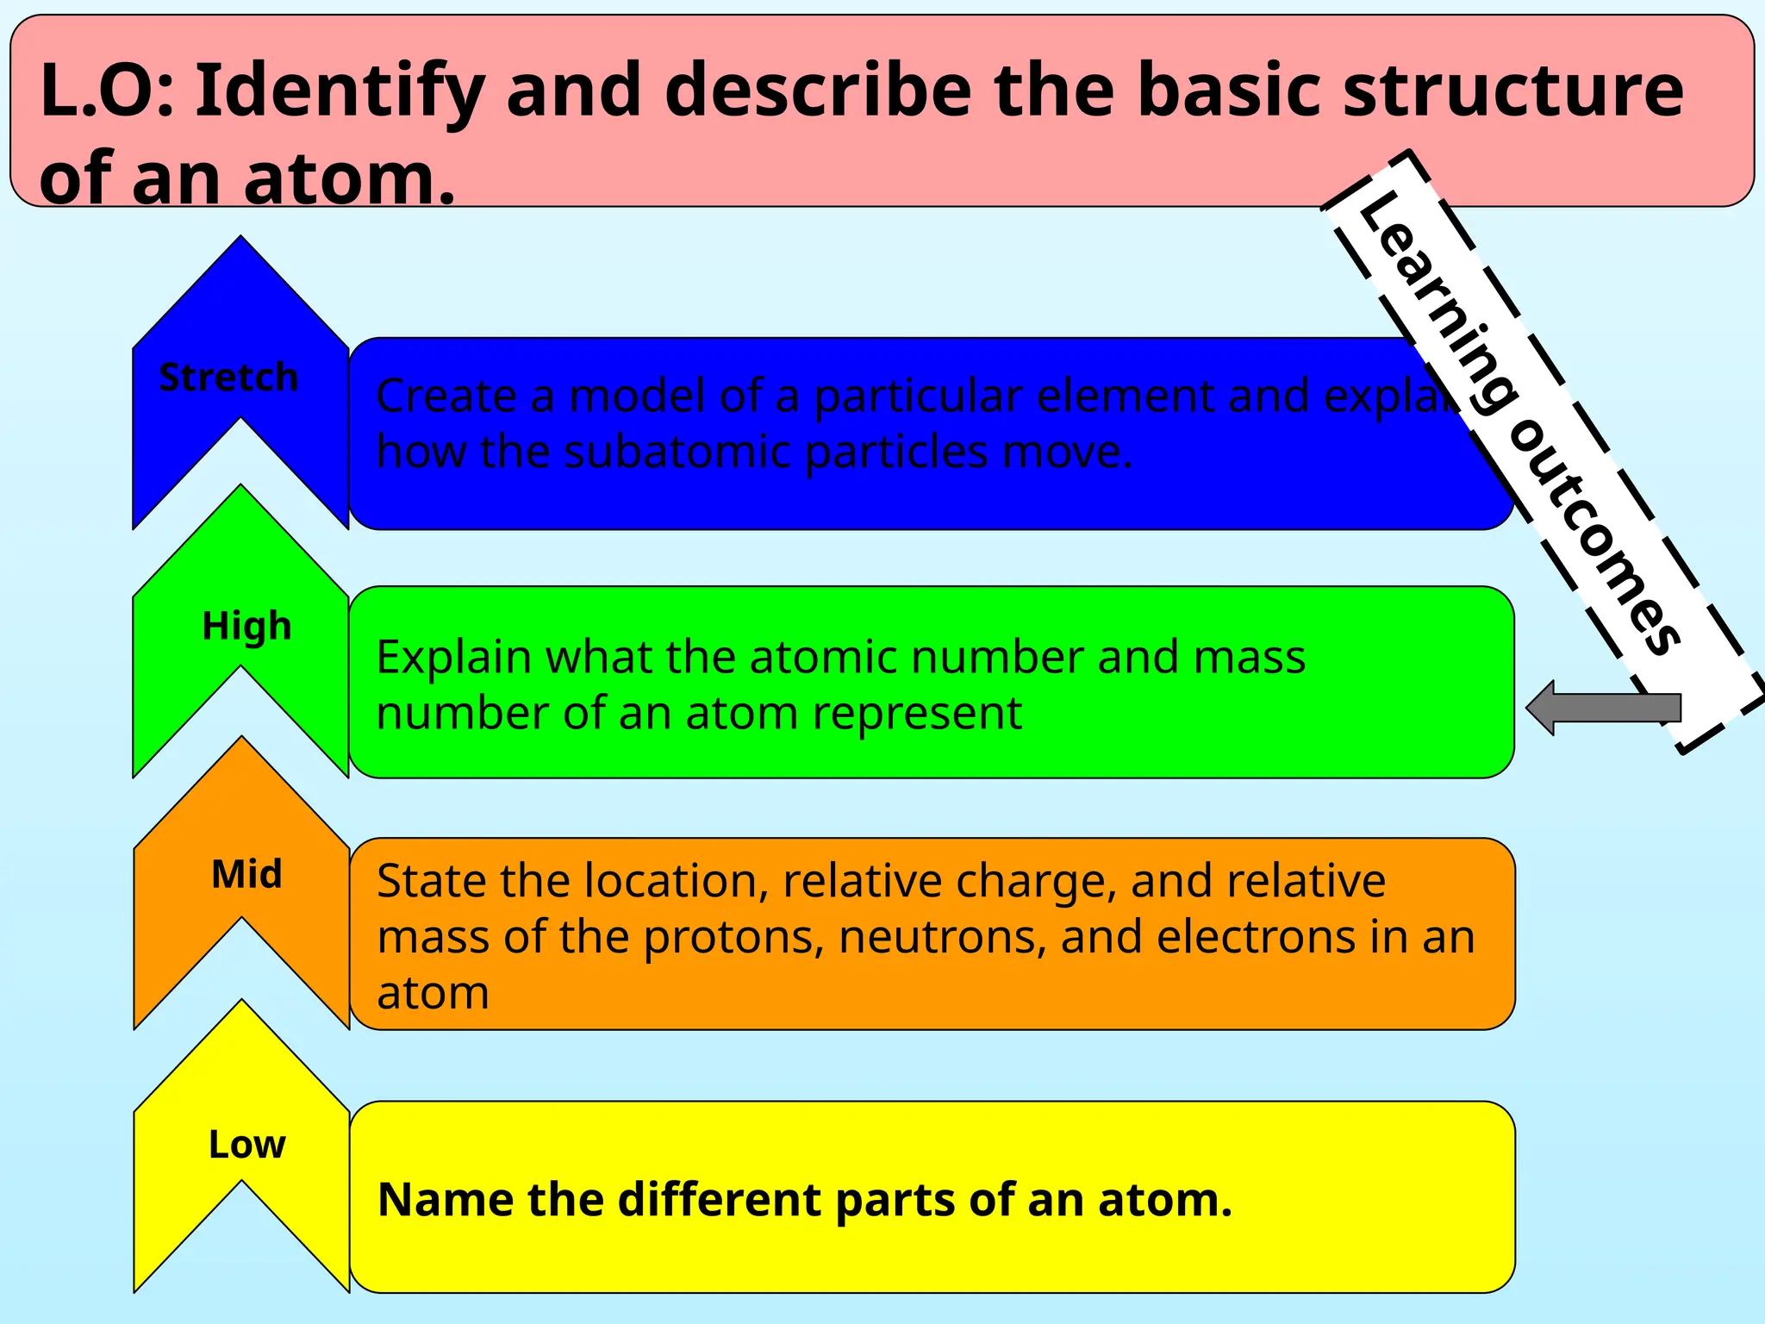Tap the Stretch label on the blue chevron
pos(228,378)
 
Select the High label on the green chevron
pos(246,627)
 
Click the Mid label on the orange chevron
pos(246,874)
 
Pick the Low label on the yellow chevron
pos(246,1145)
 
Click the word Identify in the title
pos(340,91)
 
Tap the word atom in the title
pos(348,178)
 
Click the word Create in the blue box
pos(446,397)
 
